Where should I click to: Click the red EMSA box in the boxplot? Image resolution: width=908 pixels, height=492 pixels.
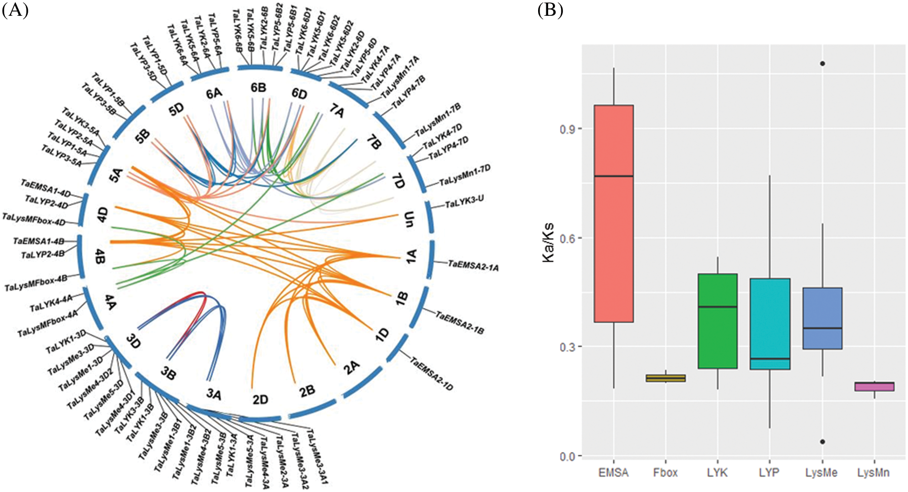(x=614, y=213)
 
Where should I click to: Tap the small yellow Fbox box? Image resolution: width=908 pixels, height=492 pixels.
(x=666, y=378)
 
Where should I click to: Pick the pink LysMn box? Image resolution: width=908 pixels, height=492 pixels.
(x=874, y=386)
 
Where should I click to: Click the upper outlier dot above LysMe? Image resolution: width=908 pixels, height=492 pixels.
(x=822, y=64)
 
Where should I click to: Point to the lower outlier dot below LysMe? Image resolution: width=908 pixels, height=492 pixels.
(x=822, y=442)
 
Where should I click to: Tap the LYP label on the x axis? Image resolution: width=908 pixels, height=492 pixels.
(x=769, y=473)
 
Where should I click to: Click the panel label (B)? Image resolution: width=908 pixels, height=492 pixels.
(x=550, y=10)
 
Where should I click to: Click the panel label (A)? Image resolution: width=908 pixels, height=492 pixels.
(x=15, y=10)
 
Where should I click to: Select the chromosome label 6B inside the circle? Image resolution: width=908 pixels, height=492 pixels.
(x=259, y=87)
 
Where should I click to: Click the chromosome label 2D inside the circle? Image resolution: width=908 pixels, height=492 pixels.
(x=260, y=399)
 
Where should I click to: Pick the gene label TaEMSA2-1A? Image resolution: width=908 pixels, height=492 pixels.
(x=473, y=266)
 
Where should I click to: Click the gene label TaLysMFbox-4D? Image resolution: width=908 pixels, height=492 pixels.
(x=33, y=219)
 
